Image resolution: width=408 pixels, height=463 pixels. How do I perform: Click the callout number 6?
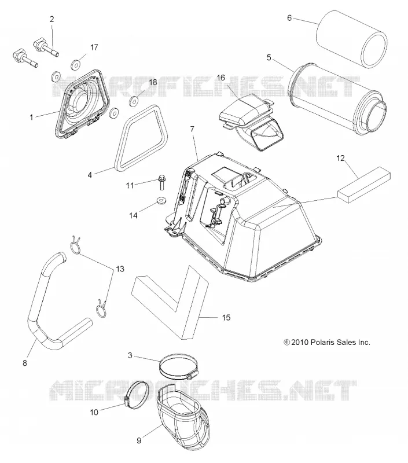click(x=289, y=18)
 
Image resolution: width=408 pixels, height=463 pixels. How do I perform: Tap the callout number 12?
click(x=340, y=158)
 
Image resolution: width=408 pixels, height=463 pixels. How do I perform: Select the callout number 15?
click(x=226, y=317)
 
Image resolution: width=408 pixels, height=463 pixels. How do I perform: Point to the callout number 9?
click(x=139, y=440)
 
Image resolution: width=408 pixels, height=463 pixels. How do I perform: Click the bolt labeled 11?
click(x=161, y=182)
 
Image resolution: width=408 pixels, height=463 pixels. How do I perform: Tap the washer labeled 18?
click(x=134, y=101)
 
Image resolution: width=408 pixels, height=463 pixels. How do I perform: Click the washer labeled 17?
click(x=77, y=64)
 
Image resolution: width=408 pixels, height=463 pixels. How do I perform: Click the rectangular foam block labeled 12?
click(x=363, y=185)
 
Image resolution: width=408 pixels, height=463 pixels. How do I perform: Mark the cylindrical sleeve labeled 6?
click(x=352, y=38)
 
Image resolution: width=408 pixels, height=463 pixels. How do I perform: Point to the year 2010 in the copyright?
click(x=300, y=342)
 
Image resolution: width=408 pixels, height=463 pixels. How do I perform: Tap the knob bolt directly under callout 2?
click(x=46, y=49)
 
